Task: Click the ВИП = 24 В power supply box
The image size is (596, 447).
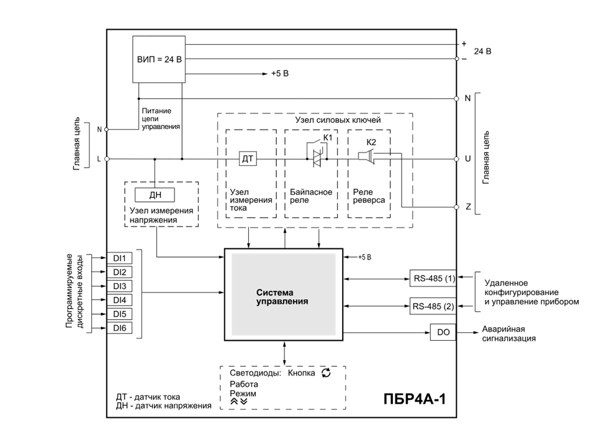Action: (x=159, y=60)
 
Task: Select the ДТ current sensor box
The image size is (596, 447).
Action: (x=248, y=159)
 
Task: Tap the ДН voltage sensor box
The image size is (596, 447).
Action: (x=155, y=195)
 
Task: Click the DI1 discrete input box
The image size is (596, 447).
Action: (x=119, y=258)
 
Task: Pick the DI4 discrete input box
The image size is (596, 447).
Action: (x=119, y=300)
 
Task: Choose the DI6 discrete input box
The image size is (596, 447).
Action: (x=119, y=328)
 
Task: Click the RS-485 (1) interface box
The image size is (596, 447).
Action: (x=433, y=279)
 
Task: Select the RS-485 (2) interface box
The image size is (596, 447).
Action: (x=433, y=306)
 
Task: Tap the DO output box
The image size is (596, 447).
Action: (x=443, y=332)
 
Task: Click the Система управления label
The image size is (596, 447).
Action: (x=282, y=297)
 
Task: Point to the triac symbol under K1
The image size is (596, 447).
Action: (x=317, y=158)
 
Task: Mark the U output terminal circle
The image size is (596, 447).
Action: (x=456, y=159)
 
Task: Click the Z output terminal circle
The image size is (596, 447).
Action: (x=456, y=207)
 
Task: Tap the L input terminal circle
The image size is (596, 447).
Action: (x=107, y=159)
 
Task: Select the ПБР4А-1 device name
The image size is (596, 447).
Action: (x=414, y=399)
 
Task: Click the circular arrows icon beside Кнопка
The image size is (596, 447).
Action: (x=326, y=373)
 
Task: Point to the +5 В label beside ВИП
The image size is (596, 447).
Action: (x=280, y=74)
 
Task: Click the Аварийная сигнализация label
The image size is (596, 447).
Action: (x=509, y=334)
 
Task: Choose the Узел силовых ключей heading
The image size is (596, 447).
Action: (x=338, y=120)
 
